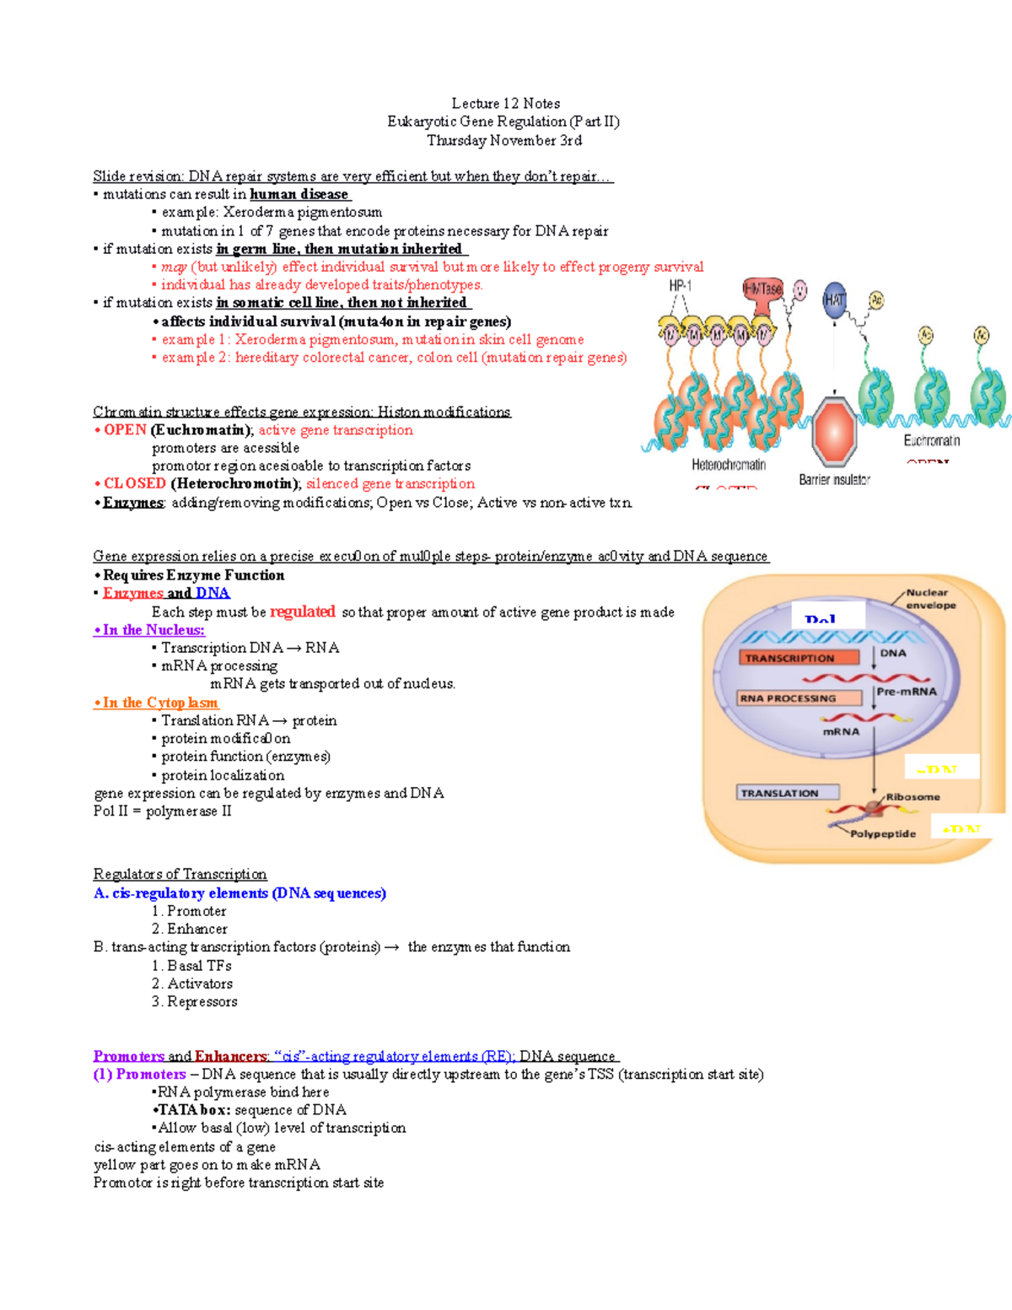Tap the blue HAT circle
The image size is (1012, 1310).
[x=834, y=300]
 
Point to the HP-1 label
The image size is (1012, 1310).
[x=680, y=287]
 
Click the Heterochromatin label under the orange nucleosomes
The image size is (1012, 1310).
[x=729, y=465]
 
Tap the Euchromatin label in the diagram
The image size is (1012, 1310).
[x=932, y=440]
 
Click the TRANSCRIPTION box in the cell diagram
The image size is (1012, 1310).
[x=798, y=658]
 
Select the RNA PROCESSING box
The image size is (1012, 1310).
[x=799, y=698]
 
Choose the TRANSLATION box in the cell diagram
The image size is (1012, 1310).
[x=788, y=793]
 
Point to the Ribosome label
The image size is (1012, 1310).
[x=912, y=797]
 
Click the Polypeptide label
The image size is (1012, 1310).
[x=882, y=833]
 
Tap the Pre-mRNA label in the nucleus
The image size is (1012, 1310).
[x=906, y=692]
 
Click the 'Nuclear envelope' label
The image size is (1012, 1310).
[x=930, y=599]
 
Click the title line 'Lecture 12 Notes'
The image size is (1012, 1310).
[x=505, y=104]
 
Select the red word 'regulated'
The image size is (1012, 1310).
[x=303, y=612]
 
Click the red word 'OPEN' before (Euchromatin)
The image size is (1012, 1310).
[x=125, y=430]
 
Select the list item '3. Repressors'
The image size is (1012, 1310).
[x=194, y=1001]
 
